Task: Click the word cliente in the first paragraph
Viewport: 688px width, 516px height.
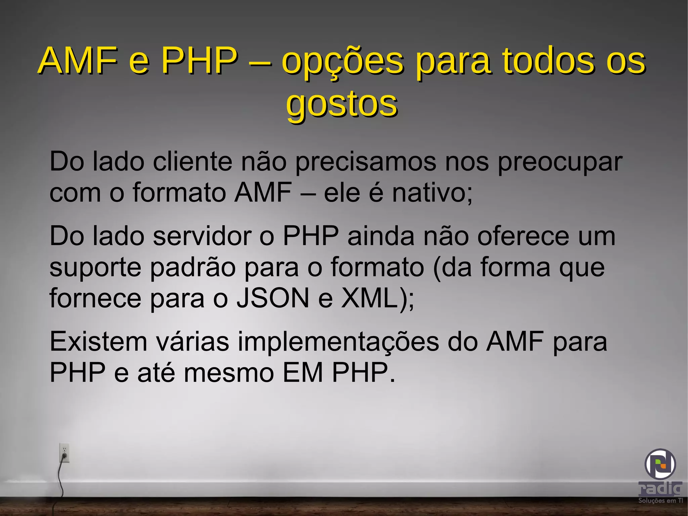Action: pos(192,162)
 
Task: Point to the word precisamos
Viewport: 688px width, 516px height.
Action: pos(366,162)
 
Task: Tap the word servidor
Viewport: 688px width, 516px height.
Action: pos(202,236)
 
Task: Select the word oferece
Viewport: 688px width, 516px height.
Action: pos(523,236)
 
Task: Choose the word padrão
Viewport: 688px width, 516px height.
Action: pos(193,268)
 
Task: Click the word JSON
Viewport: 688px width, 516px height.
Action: pos(273,298)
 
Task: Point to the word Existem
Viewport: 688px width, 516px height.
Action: pos(98,342)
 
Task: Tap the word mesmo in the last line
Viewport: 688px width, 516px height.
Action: pos(229,373)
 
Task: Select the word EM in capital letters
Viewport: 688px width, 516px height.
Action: pos(303,373)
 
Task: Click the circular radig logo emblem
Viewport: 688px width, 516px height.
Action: pos(660,464)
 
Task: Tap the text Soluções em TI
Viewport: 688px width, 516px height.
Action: pos(660,501)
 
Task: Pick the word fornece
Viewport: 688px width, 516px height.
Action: pos(95,298)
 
